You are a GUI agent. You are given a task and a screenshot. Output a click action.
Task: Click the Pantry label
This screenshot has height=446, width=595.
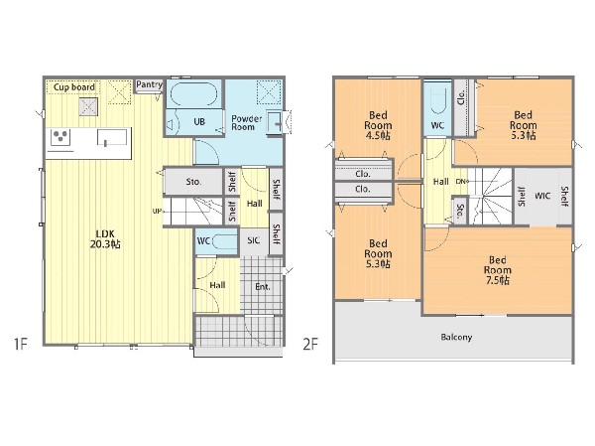click(149, 84)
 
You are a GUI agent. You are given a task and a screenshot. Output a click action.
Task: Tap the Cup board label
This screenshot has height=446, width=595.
click(74, 87)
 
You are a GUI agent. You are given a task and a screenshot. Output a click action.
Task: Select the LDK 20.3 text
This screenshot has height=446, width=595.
click(105, 239)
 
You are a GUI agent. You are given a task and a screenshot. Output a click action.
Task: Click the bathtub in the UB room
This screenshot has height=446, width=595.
click(193, 94)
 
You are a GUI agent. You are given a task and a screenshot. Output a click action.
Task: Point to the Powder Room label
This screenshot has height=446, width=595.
click(247, 123)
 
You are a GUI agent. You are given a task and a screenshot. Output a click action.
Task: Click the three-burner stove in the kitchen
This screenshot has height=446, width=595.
click(60, 136)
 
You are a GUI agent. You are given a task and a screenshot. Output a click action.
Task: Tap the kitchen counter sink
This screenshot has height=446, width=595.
click(111, 137)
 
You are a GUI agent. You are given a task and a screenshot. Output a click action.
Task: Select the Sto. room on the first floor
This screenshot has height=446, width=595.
click(193, 182)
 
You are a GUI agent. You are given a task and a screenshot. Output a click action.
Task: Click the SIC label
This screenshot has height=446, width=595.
click(254, 240)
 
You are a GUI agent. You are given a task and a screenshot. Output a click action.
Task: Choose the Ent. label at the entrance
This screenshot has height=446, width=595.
click(263, 287)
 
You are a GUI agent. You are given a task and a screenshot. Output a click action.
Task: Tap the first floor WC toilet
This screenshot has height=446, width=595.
click(224, 241)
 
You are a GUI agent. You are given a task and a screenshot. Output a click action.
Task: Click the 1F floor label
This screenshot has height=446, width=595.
click(21, 344)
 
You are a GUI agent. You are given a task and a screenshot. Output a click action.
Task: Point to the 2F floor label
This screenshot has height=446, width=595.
click(310, 344)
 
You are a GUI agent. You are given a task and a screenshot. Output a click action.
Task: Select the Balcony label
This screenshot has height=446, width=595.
click(456, 337)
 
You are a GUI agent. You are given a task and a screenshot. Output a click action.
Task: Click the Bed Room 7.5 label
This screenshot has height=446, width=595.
click(497, 270)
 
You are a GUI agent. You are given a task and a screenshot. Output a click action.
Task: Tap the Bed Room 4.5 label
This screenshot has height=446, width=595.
click(378, 125)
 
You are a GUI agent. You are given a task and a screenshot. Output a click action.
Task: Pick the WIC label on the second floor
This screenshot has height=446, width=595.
click(542, 196)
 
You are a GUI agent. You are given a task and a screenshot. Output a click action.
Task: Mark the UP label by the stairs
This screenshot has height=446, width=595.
click(157, 211)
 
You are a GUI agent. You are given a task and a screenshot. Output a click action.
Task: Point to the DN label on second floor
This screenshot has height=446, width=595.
click(461, 182)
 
